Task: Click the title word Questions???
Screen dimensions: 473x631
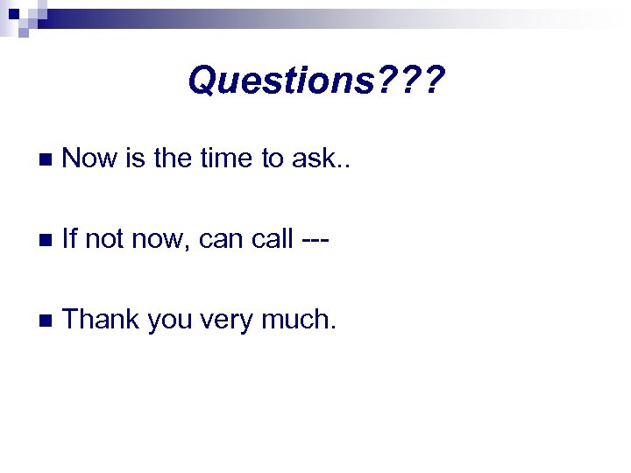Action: click(x=316, y=82)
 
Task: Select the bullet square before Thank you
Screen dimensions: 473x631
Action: click(x=46, y=321)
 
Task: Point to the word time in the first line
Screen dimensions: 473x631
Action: click(x=223, y=159)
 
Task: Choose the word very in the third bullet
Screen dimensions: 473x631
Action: click(x=230, y=321)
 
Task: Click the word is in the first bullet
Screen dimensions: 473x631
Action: click(x=134, y=159)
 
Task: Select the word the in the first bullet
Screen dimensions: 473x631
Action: click(x=171, y=159)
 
